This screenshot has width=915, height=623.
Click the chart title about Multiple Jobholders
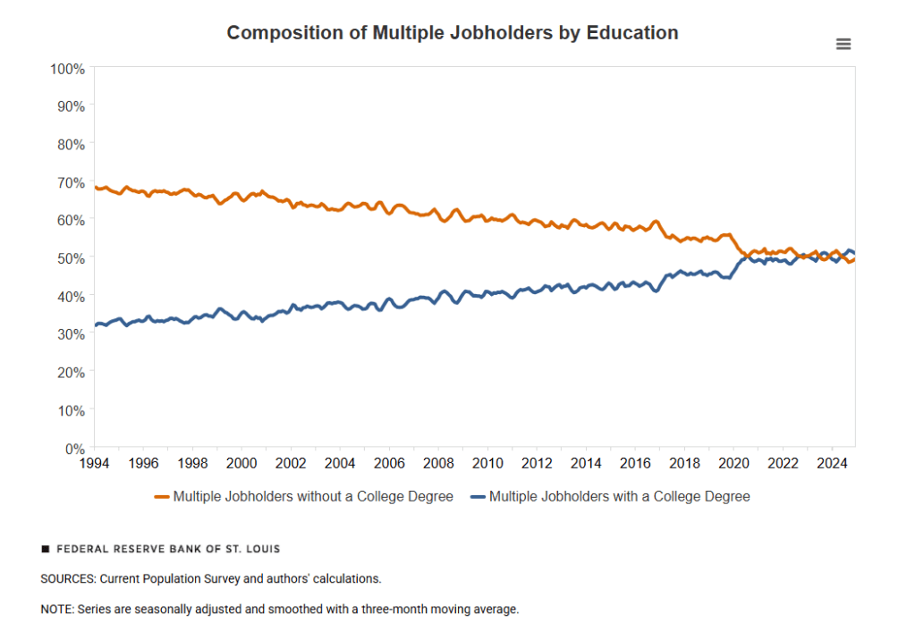[452, 33]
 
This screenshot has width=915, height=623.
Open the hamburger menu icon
[843, 45]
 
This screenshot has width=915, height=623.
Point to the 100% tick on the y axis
[68, 68]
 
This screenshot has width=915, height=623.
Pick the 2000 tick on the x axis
[241, 463]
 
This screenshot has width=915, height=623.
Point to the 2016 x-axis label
[635, 463]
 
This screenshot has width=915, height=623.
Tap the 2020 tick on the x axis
[733, 463]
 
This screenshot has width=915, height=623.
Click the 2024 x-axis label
[832, 463]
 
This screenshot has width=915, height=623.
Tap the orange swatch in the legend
[162, 496]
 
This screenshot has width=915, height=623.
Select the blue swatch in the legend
[478, 496]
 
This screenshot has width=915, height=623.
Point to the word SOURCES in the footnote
[68, 579]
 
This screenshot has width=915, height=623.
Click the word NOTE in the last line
[56, 610]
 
